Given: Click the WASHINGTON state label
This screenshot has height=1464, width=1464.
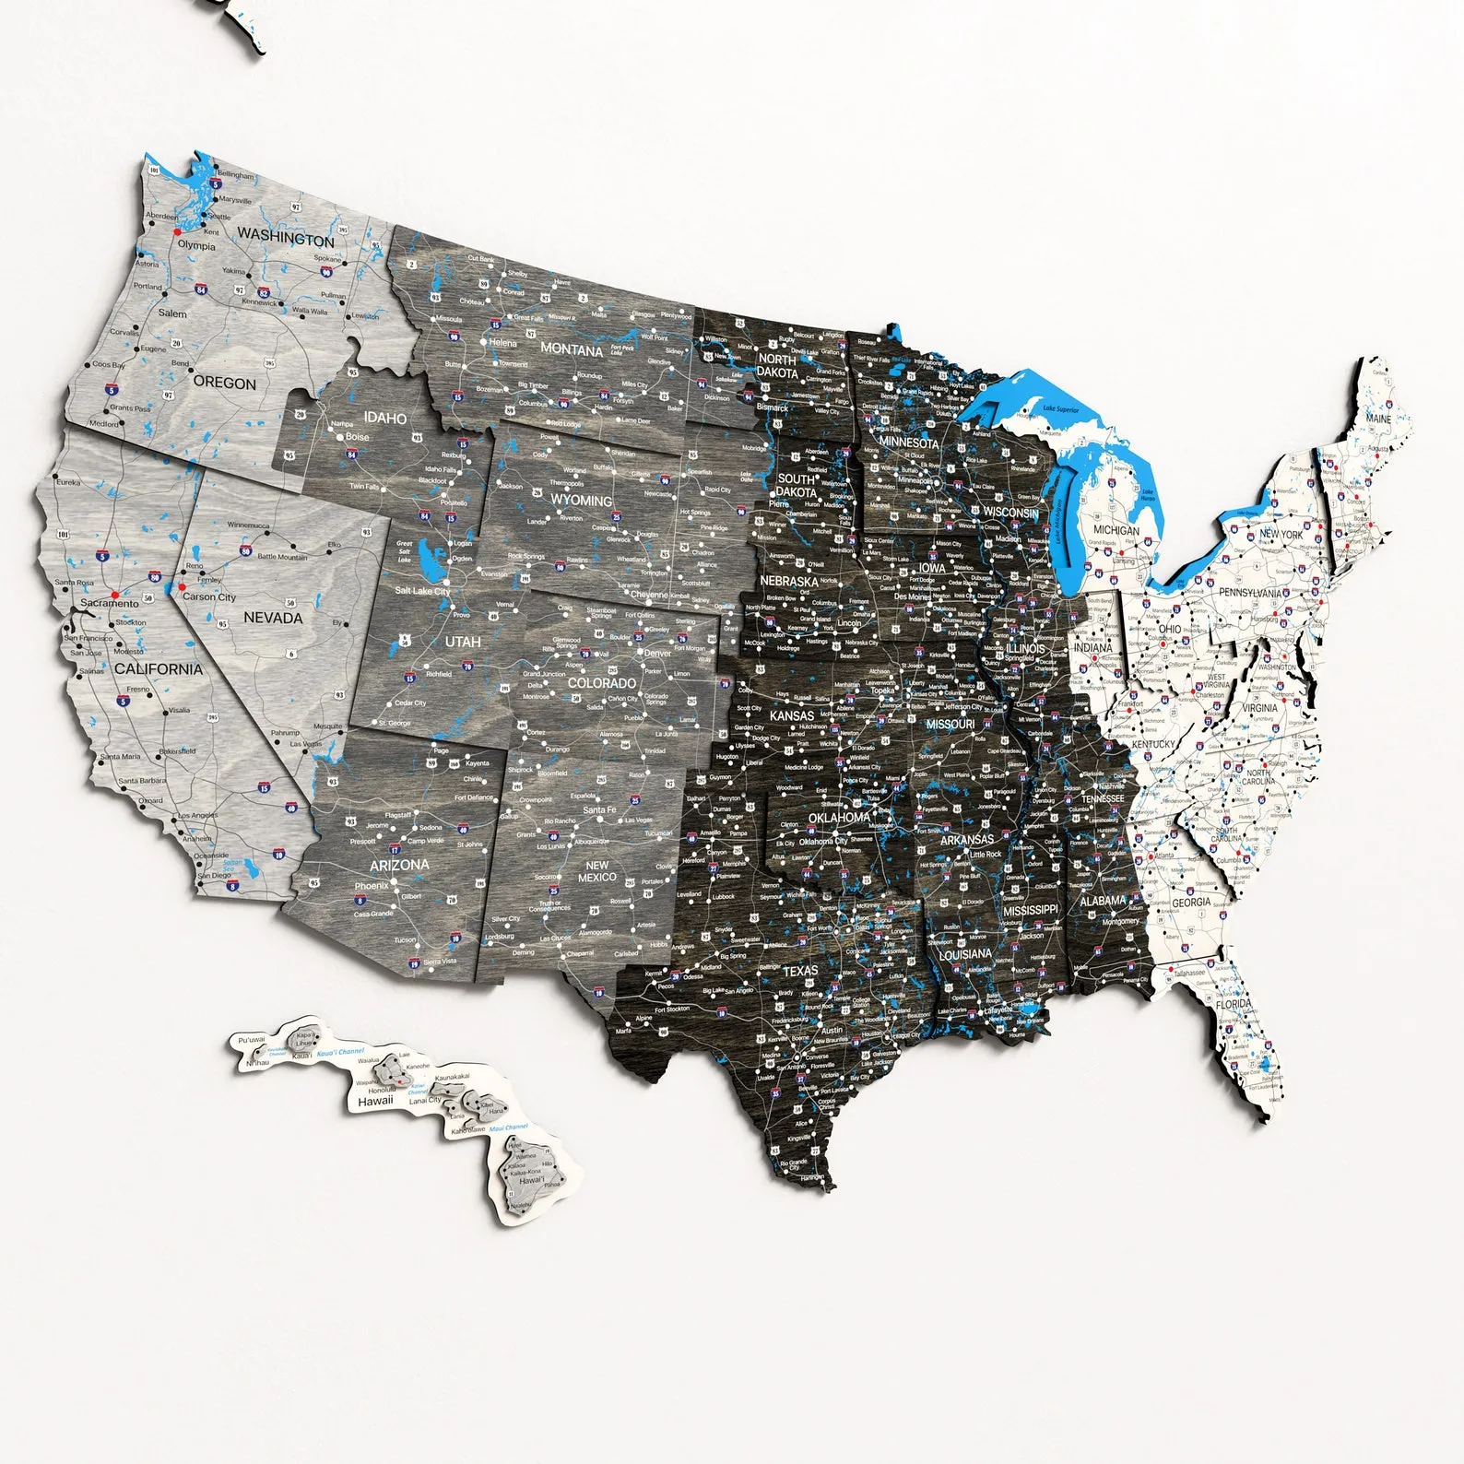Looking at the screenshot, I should click(x=286, y=237).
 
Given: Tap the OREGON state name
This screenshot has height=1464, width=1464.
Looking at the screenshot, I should click(x=225, y=383).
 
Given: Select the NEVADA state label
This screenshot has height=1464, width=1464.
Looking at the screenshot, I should click(x=273, y=618).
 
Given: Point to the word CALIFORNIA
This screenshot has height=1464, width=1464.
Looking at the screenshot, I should click(x=159, y=669).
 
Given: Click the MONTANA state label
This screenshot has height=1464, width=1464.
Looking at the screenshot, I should click(x=572, y=349).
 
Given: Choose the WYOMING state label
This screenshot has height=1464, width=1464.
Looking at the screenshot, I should click(x=581, y=501).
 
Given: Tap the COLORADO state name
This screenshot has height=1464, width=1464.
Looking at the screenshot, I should click(x=602, y=683).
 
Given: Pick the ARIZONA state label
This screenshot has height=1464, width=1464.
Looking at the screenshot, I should click(x=399, y=865).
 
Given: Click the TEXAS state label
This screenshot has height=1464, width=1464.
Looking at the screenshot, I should click(x=800, y=971).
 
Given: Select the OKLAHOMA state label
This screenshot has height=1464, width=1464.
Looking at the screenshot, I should click(x=839, y=818).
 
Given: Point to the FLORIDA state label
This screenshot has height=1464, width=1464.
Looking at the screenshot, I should click(x=1234, y=1004).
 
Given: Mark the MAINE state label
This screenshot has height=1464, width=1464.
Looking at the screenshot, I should click(x=1378, y=419).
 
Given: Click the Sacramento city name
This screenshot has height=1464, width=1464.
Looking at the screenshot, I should click(x=109, y=603).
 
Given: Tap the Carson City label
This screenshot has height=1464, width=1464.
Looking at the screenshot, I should click(x=209, y=597).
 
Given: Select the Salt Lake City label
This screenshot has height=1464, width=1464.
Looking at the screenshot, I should click(x=422, y=591).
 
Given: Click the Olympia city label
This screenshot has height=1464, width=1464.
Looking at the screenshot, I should click(x=196, y=245).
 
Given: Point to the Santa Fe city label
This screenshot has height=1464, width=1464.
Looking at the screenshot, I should click(x=599, y=809).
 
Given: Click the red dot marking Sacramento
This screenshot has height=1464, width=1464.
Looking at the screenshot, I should click(x=115, y=595).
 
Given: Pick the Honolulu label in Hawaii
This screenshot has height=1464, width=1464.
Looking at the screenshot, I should click(x=375, y=1090).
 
